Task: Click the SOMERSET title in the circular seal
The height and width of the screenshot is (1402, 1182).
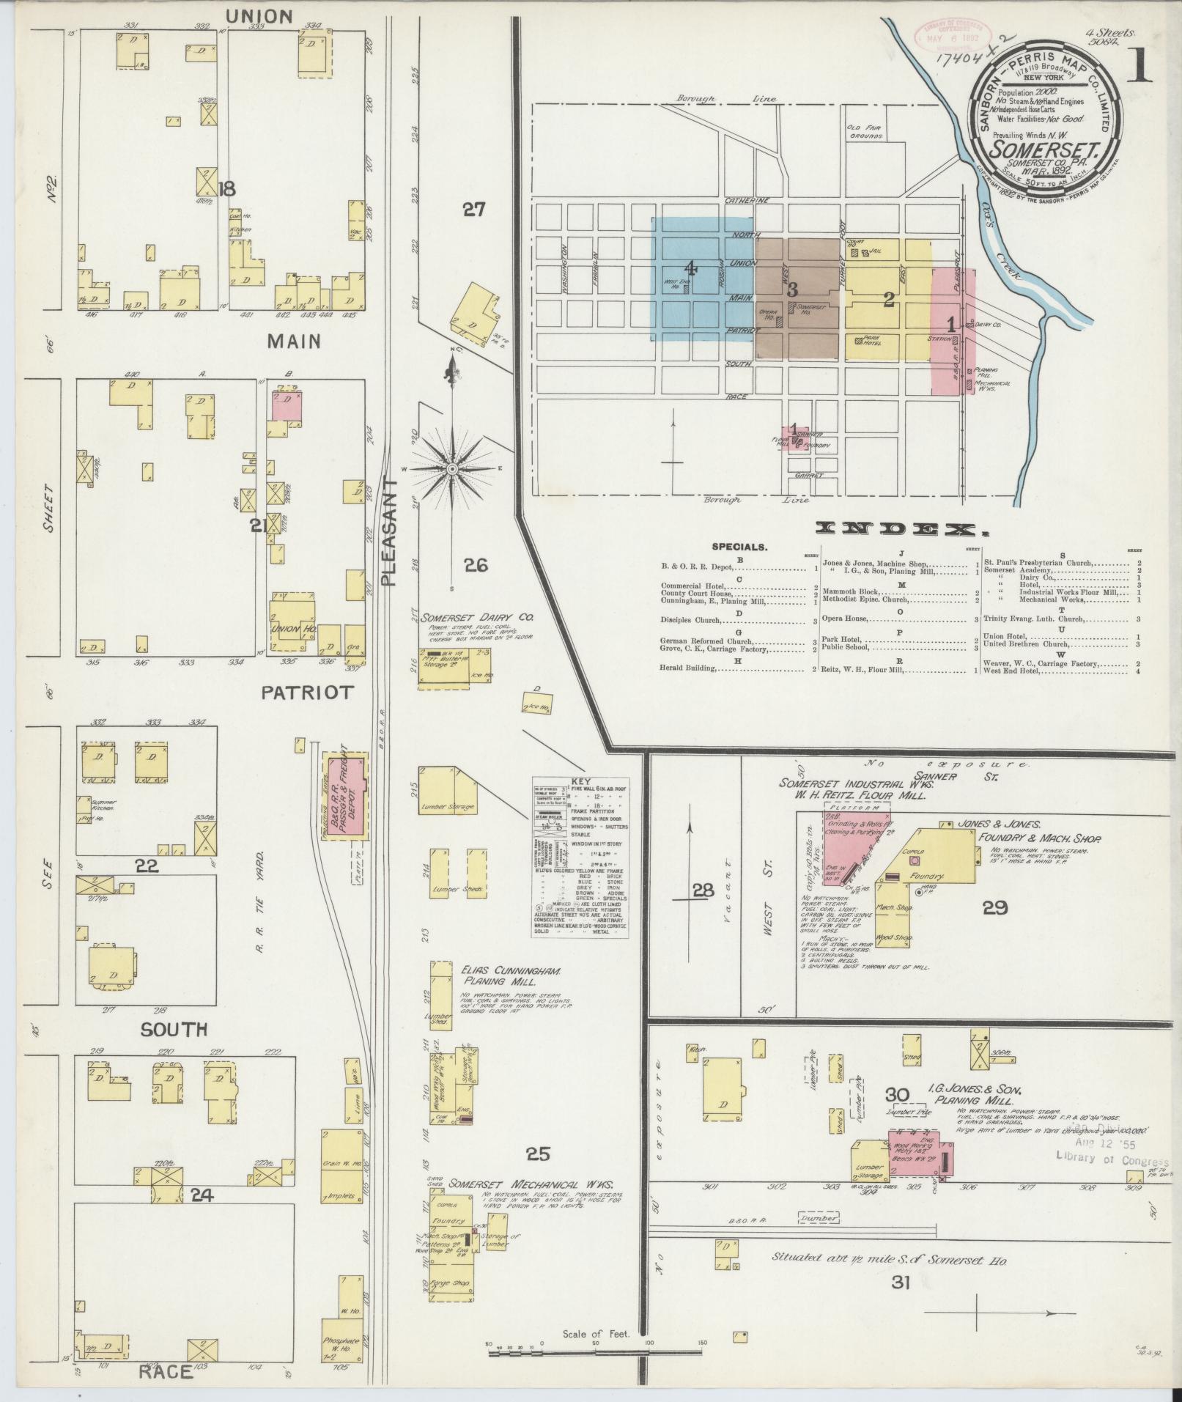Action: click(x=1045, y=150)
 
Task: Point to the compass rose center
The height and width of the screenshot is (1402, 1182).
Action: click(x=452, y=468)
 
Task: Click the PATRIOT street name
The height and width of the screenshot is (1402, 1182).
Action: click(x=308, y=692)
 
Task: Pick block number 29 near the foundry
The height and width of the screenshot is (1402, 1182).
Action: click(x=994, y=909)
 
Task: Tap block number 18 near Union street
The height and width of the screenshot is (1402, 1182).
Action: click(x=226, y=189)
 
